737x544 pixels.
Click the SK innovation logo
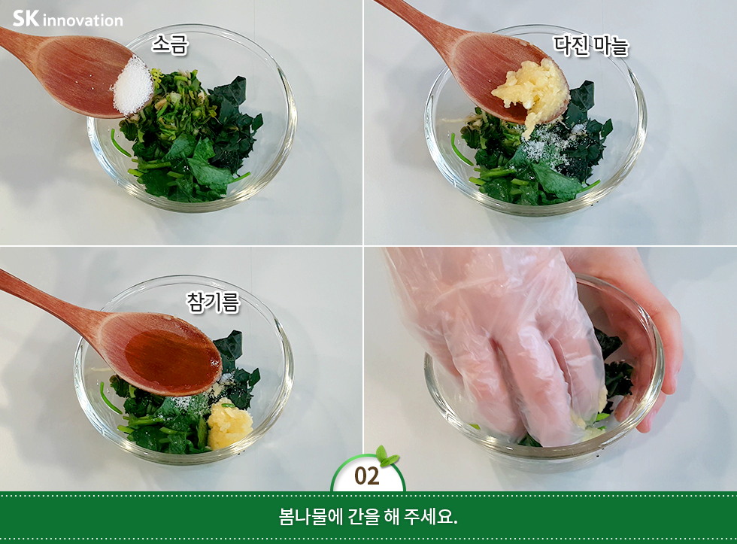pos(68,19)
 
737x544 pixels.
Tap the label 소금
pos(170,44)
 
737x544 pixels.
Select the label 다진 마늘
pos(591,46)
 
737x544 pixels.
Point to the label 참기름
pos(213,302)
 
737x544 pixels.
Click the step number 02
pos(367,476)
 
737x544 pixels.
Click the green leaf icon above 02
pos(387,455)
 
